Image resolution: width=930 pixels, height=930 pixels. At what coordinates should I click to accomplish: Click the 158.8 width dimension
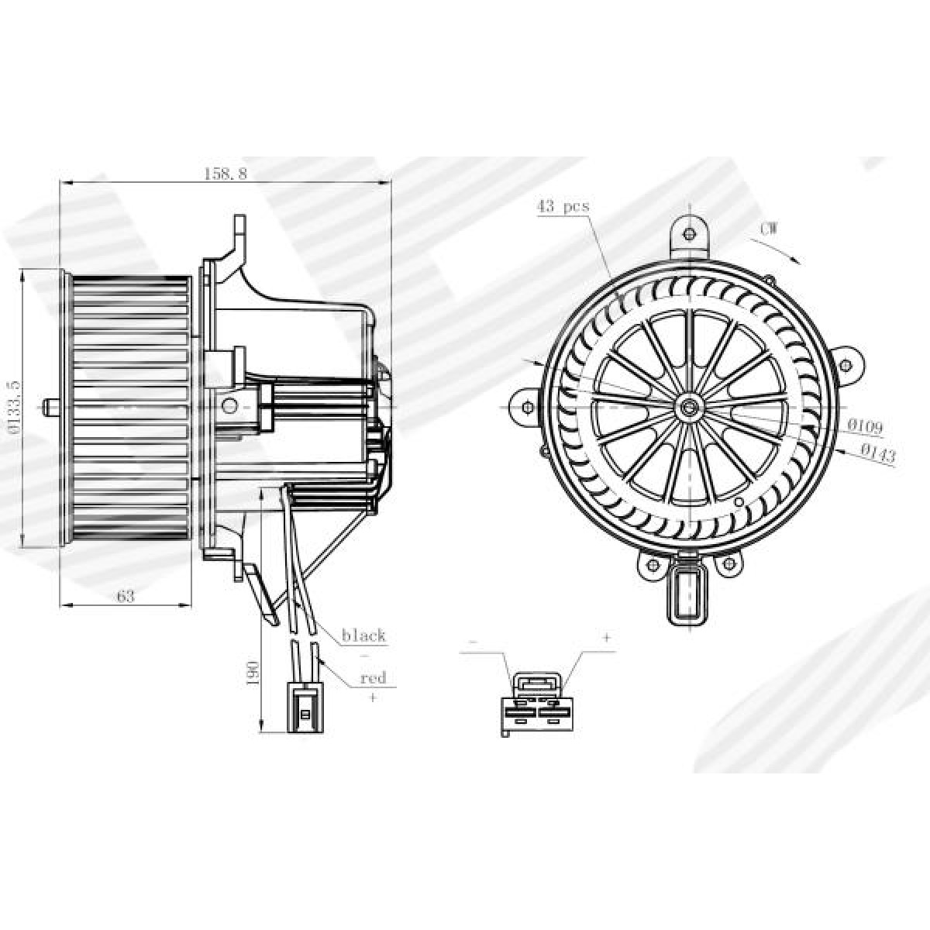pyautogui.click(x=226, y=174)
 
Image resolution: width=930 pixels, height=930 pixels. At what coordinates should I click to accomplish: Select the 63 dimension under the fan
pyautogui.click(x=126, y=597)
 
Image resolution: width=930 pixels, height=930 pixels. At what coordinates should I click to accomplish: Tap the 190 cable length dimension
pyautogui.click(x=253, y=673)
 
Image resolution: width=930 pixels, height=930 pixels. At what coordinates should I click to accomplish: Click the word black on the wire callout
pyautogui.click(x=364, y=635)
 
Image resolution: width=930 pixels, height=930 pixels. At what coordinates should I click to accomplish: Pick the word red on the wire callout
pyautogui.click(x=374, y=678)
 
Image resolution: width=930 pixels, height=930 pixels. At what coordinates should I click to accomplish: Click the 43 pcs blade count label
pyautogui.click(x=563, y=207)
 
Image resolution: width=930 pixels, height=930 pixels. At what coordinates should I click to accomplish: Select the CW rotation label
pyautogui.click(x=770, y=229)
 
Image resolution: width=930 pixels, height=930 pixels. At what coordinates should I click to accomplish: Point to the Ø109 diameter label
pyautogui.click(x=866, y=426)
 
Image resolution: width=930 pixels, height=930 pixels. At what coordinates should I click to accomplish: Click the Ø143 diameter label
pyautogui.click(x=878, y=454)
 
